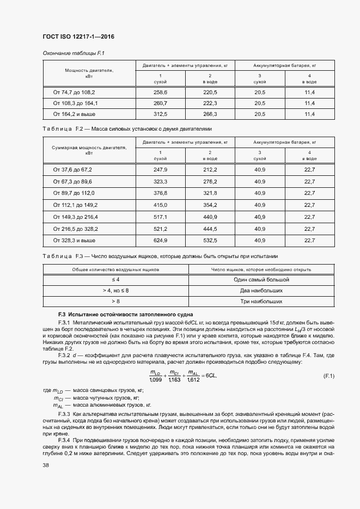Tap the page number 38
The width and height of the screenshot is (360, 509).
coord(46,465)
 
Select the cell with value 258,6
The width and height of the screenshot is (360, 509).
coord(161,93)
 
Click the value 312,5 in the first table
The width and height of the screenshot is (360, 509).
coord(161,114)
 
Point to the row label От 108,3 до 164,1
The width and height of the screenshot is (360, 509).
coord(75,103)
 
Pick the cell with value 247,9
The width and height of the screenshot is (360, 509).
coord(161,169)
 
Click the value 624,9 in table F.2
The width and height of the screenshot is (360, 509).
coord(161,240)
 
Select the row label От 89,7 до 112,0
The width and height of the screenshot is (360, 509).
coord(74,193)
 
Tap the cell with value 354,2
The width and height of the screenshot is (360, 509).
coord(210,205)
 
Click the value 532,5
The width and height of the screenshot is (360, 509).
coord(210,240)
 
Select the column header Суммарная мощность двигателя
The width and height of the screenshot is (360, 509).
coord(89,150)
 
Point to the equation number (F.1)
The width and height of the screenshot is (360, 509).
coord(328,376)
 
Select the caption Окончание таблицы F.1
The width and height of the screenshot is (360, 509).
coord(70,53)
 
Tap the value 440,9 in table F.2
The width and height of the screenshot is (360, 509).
coord(210,216)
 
